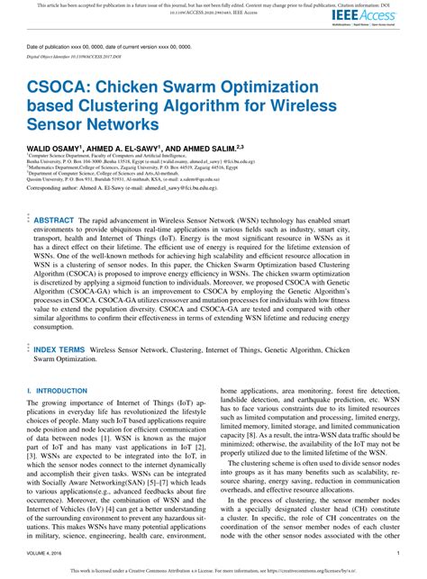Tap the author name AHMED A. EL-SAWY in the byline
[x=129, y=146]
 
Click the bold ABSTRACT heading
[x=54, y=219]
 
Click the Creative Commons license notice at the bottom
[x=213, y=571]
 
